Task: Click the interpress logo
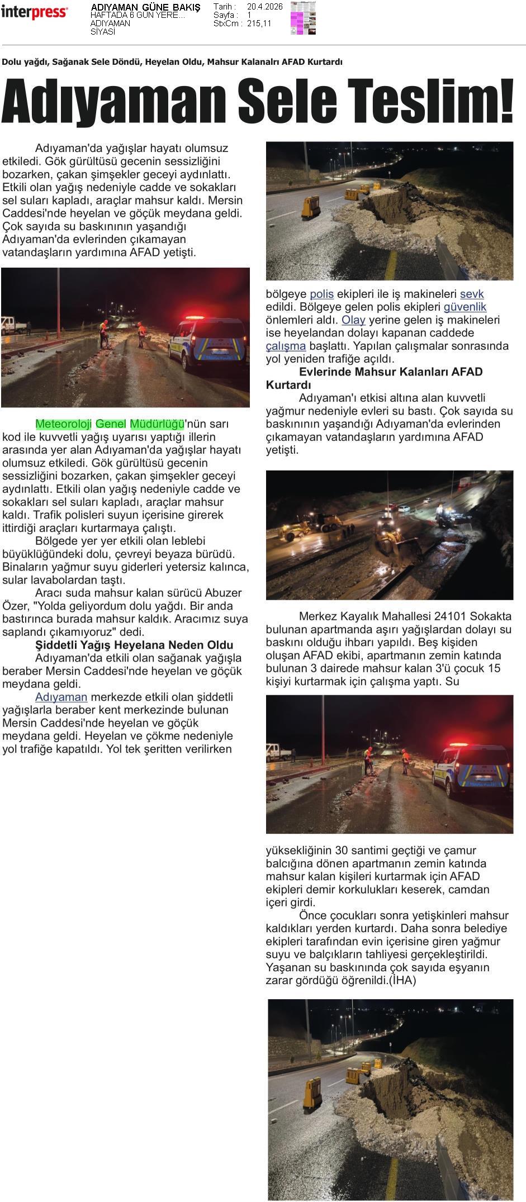34,12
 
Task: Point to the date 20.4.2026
265,7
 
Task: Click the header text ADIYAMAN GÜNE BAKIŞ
145,7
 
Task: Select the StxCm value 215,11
259,23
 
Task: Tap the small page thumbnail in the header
303,18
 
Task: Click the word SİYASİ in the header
103,32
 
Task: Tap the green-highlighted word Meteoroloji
63,424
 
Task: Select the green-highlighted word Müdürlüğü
157,424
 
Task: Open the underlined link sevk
472,294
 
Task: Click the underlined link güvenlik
465,307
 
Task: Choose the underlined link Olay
353,320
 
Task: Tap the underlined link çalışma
286,346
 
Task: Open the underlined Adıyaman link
61,697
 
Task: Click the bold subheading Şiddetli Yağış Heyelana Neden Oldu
134,645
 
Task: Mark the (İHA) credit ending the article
402,980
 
